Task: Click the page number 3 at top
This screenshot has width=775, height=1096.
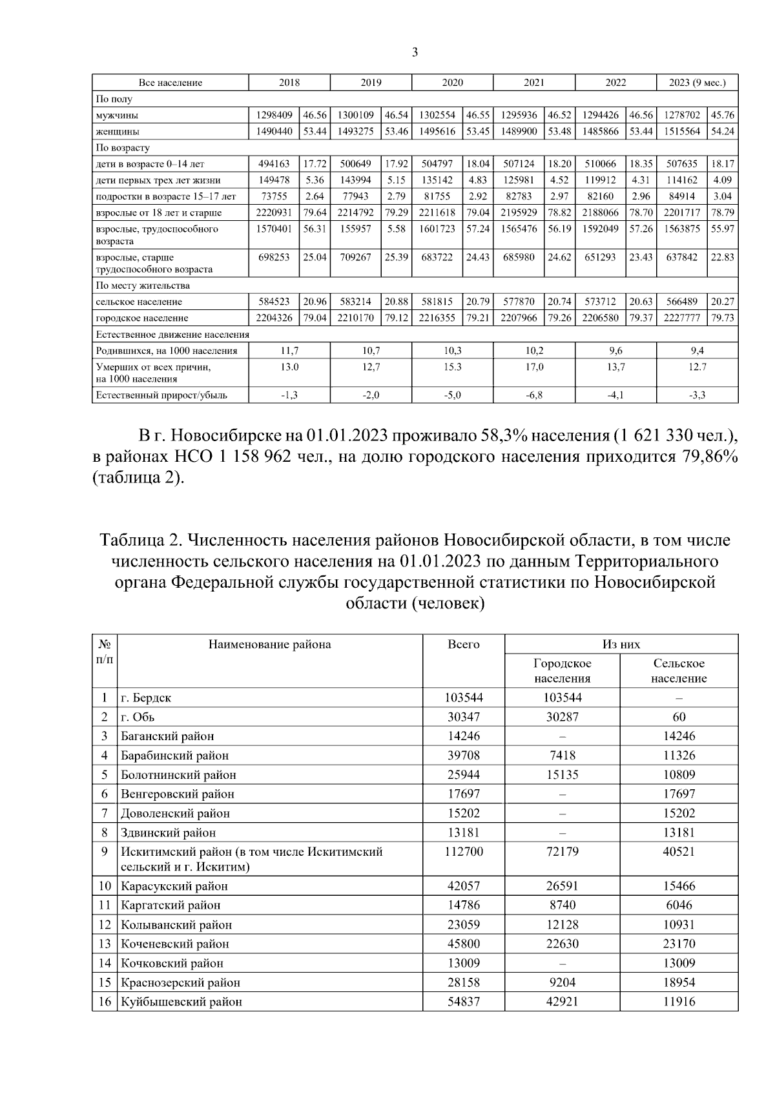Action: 415,52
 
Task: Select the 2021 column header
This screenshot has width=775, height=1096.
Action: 533,83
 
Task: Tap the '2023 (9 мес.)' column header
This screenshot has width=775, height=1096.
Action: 697,83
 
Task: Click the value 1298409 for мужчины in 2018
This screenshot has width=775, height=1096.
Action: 274,115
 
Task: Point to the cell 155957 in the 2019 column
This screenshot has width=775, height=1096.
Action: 355,229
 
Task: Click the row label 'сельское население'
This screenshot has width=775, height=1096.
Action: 139,302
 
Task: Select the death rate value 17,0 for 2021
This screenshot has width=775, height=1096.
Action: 533,367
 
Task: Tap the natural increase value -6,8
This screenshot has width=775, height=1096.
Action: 533,395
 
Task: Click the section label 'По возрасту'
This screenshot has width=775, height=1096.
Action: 123,148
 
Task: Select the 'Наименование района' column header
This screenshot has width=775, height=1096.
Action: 269,645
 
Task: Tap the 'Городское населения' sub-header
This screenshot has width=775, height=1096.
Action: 562,670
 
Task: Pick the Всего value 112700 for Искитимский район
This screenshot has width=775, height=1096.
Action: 464,852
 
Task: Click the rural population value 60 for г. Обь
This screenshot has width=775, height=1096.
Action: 678,717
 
